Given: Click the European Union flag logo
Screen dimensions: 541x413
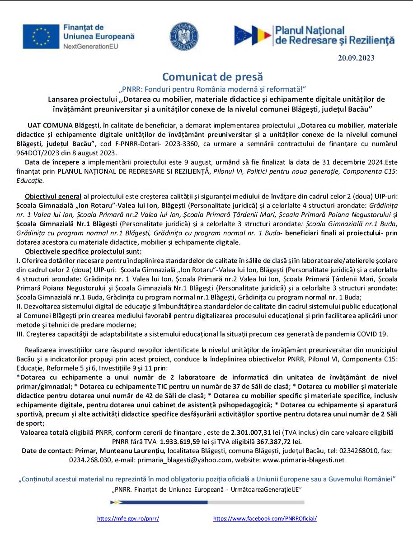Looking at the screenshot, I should click(41, 36).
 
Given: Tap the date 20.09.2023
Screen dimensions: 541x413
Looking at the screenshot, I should click(356, 57).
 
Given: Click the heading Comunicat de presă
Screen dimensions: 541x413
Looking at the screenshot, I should click(212, 76).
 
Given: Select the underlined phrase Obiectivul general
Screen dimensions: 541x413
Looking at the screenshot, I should click(53, 196).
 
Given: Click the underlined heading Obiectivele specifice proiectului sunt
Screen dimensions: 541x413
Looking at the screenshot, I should click(83, 251).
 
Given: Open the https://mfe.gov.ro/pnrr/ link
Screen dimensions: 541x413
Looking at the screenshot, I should click(128, 518).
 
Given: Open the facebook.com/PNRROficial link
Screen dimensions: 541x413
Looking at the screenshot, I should click(265, 518).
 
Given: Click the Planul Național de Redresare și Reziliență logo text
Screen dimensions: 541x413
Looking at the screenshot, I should click(334, 36).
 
